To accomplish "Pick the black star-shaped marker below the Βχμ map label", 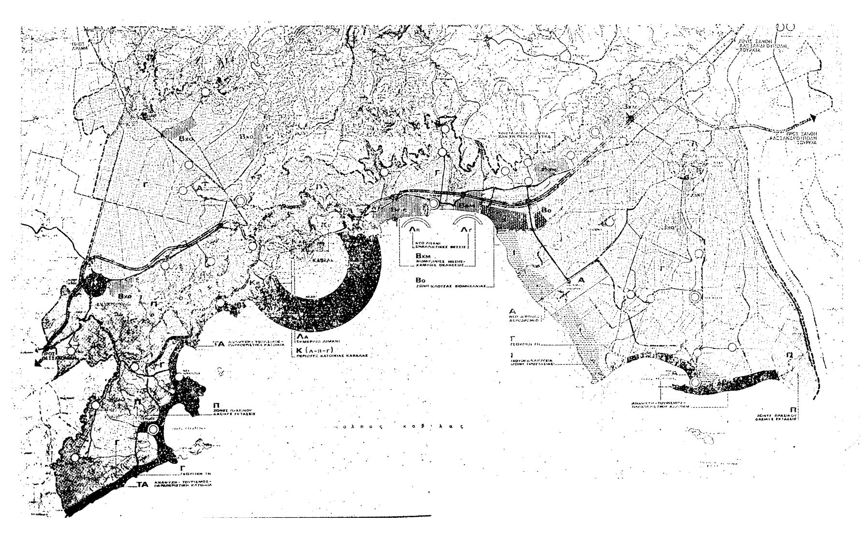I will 629,118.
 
